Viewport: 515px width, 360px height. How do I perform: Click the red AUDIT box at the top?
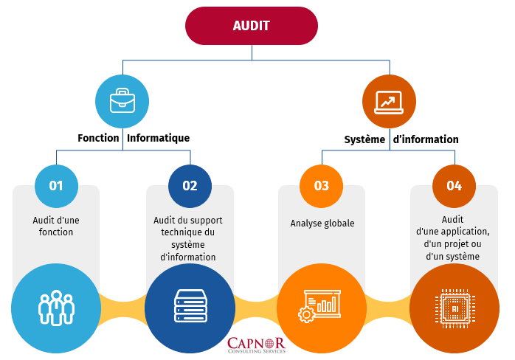(251, 26)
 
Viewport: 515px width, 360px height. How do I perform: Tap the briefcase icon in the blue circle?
(122, 101)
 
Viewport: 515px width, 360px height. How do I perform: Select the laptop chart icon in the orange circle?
(389, 101)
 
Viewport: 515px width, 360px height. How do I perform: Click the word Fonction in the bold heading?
(98, 138)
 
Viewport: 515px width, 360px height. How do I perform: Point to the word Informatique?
(158, 138)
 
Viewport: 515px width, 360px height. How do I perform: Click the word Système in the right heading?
(364, 139)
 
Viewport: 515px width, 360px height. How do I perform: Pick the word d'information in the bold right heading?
(426, 139)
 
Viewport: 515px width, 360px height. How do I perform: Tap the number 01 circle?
(56, 185)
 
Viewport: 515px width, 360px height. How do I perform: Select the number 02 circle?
(190, 185)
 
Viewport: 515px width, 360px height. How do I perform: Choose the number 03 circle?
(322, 185)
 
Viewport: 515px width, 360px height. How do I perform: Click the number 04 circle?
(454, 185)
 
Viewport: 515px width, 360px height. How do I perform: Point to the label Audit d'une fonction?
(56, 226)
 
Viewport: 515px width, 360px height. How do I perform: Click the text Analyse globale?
(322, 223)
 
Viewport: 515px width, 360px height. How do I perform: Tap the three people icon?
(56, 308)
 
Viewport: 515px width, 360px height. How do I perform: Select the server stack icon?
(190, 308)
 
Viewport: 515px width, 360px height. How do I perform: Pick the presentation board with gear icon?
(322, 308)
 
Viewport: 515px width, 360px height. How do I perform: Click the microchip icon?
(454, 308)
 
